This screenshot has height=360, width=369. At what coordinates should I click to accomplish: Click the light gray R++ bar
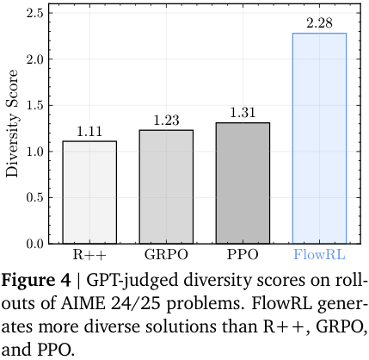[89, 192]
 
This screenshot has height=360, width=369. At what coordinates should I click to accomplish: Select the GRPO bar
[165, 187]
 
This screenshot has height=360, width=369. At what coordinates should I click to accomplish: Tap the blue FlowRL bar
[318, 138]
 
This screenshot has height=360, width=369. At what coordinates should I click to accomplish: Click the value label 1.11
[89, 132]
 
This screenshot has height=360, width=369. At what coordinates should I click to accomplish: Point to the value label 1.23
[165, 121]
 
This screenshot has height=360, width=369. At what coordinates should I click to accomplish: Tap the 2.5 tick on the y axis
[35, 14]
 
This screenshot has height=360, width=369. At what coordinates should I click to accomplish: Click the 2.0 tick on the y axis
[35, 59]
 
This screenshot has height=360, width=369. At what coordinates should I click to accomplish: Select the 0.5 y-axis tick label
[35, 198]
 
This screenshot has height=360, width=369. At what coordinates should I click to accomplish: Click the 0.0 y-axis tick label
[35, 244]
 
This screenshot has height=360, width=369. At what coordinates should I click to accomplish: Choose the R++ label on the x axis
[89, 256]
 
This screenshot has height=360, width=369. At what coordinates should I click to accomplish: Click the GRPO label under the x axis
[165, 256]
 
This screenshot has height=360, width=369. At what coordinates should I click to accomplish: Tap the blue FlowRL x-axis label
[318, 256]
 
